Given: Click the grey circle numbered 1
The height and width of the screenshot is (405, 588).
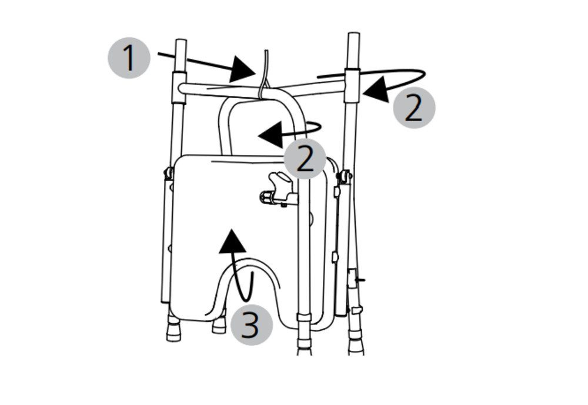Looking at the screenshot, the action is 129,58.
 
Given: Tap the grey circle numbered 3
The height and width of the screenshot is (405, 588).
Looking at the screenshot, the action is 251,324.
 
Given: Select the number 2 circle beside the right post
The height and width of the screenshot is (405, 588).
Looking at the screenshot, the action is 414,107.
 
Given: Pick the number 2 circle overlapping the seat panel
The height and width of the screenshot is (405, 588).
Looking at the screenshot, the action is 305,159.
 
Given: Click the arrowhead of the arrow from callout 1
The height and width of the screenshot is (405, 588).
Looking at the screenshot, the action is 242,69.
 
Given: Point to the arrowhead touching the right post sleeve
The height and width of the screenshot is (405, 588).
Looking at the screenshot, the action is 376,89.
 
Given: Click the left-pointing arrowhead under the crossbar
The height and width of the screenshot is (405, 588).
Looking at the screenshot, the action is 270,135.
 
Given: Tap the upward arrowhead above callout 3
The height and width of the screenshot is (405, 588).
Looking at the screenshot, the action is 232,241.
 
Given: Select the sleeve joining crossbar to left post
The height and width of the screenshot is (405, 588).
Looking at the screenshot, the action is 179,88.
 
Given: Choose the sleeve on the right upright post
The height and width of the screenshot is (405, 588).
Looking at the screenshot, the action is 352,86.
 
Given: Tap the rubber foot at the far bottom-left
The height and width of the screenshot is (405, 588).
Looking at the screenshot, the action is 173,329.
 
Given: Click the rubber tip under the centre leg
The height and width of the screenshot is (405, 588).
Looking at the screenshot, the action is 304,346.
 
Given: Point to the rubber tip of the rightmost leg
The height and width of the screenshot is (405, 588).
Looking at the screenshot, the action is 356,346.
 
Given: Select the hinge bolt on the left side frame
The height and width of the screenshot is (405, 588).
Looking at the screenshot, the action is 168,173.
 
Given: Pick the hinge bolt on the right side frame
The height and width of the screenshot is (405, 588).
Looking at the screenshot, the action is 345,176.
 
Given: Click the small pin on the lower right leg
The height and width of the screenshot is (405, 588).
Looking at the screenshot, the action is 361,280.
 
